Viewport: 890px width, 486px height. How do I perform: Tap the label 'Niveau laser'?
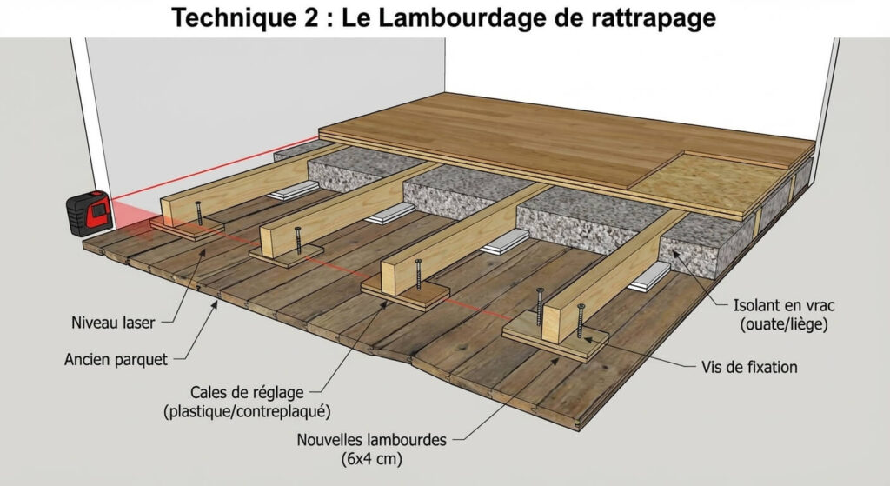pos(113,323)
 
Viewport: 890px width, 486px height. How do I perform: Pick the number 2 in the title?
pos(303,18)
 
